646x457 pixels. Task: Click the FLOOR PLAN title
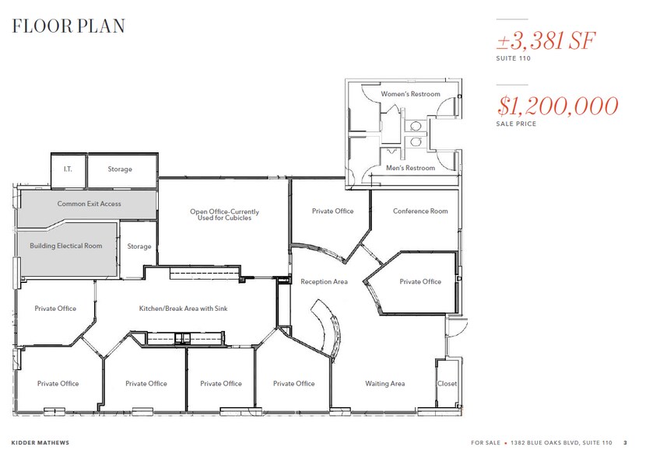(68, 26)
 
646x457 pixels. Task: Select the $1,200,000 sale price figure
(557, 106)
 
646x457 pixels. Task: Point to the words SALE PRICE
(516, 124)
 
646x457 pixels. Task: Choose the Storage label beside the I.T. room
(120, 169)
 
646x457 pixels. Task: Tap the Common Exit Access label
(89, 204)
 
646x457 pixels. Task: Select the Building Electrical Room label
(66, 246)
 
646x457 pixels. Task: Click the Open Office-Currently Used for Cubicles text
(224, 215)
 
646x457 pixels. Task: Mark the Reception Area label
(324, 281)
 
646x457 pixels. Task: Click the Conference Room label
(420, 211)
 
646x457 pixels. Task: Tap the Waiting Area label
(385, 383)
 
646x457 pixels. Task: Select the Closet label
(448, 383)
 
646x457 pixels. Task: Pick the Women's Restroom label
(410, 94)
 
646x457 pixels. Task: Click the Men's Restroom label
(410, 168)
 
